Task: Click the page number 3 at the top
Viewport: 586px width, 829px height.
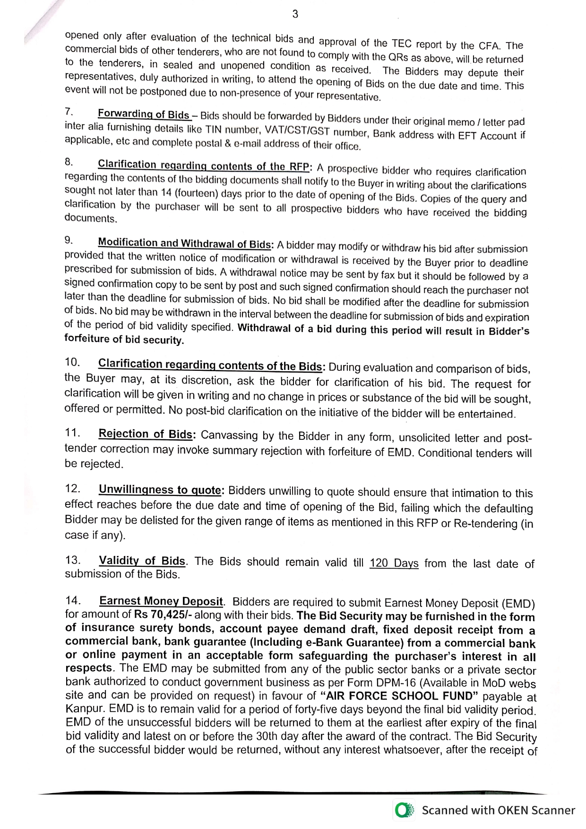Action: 295,14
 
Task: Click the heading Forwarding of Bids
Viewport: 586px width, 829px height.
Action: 144,114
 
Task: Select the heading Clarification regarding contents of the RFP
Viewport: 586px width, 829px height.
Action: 203,165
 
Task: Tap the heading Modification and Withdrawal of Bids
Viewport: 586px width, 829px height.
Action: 184,244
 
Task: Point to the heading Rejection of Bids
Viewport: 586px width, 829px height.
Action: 146,434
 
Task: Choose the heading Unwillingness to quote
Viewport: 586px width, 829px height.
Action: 160,490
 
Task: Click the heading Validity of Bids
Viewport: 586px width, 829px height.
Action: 142,561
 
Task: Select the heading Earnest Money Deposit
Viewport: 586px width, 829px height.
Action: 161,601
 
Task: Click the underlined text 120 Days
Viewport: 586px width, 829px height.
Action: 394,564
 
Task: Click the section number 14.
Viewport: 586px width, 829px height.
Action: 73,600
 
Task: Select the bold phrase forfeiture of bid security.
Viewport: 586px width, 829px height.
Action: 124,340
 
